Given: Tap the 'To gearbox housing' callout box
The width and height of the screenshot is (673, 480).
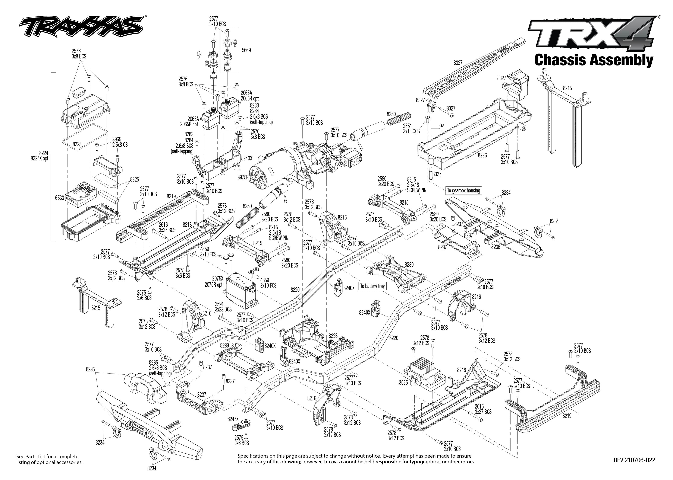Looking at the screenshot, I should (463, 191).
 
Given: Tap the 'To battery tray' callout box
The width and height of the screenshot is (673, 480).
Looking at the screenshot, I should (372, 286).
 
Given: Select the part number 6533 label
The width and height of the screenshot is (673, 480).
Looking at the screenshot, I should (59, 198).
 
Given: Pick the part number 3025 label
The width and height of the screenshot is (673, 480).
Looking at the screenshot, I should (403, 383).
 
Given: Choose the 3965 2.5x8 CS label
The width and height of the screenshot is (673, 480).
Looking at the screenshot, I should (120, 142).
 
